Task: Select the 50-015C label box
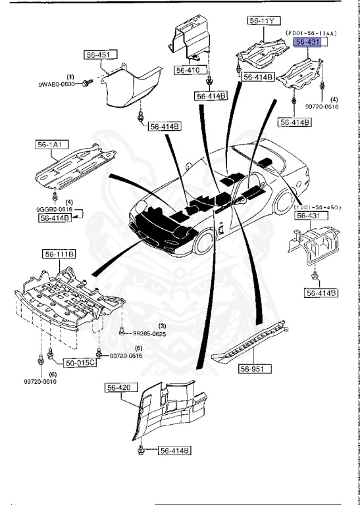tap(80, 362)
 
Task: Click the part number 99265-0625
tap(149, 334)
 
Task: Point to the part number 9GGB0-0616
tap(55, 208)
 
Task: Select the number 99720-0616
tap(40, 381)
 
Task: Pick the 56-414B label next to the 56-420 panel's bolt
tap(174, 450)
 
